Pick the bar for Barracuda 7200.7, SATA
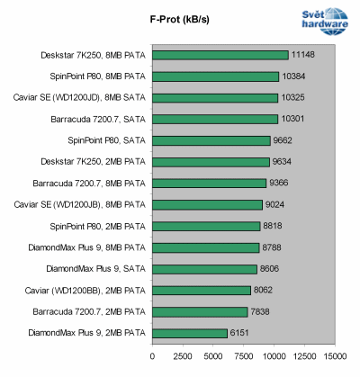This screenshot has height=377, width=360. click(x=214, y=119)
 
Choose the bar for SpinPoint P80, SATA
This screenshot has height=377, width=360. click(x=211, y=140)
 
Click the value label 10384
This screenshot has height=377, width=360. click(x=293, y=76)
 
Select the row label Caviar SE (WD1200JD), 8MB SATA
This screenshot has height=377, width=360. click(x=92, y=97)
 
